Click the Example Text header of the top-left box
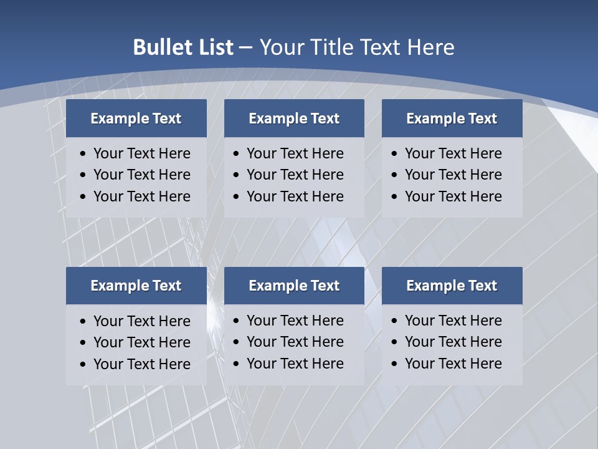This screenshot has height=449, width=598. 136,118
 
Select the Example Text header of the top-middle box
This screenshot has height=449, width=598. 294,118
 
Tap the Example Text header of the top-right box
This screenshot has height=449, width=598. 452,118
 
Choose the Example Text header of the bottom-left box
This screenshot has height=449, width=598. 136,286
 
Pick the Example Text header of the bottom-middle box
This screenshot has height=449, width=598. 294,286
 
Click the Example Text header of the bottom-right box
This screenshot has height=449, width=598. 452,286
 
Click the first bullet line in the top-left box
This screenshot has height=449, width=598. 141,153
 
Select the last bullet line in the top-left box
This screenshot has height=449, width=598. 141,196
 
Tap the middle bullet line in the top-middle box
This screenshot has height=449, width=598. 295,175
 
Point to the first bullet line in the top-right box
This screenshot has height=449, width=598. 453,153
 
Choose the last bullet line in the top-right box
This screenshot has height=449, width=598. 453,196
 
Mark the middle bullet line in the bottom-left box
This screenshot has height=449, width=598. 141,342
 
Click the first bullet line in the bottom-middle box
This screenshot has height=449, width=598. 295,321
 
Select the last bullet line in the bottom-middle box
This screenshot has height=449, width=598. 295,364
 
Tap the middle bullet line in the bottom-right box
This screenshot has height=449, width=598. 453,342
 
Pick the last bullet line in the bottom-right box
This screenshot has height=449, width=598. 453,364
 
